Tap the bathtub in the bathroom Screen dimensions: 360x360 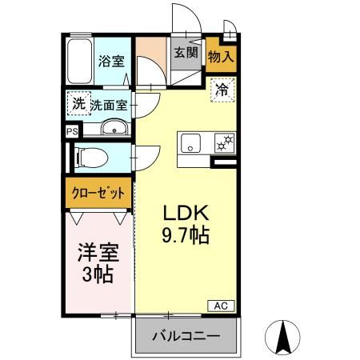(79, 62)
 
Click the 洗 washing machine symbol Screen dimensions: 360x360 (78, 103)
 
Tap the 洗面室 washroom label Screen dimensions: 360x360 (108, 104)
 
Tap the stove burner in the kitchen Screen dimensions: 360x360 (222, 144)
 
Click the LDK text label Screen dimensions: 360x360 (186, 214)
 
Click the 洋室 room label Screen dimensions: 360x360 (98, 254)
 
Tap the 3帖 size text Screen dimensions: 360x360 (98, 276)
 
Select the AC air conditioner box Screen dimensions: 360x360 (222, 305)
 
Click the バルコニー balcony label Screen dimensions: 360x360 (186, 336)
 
